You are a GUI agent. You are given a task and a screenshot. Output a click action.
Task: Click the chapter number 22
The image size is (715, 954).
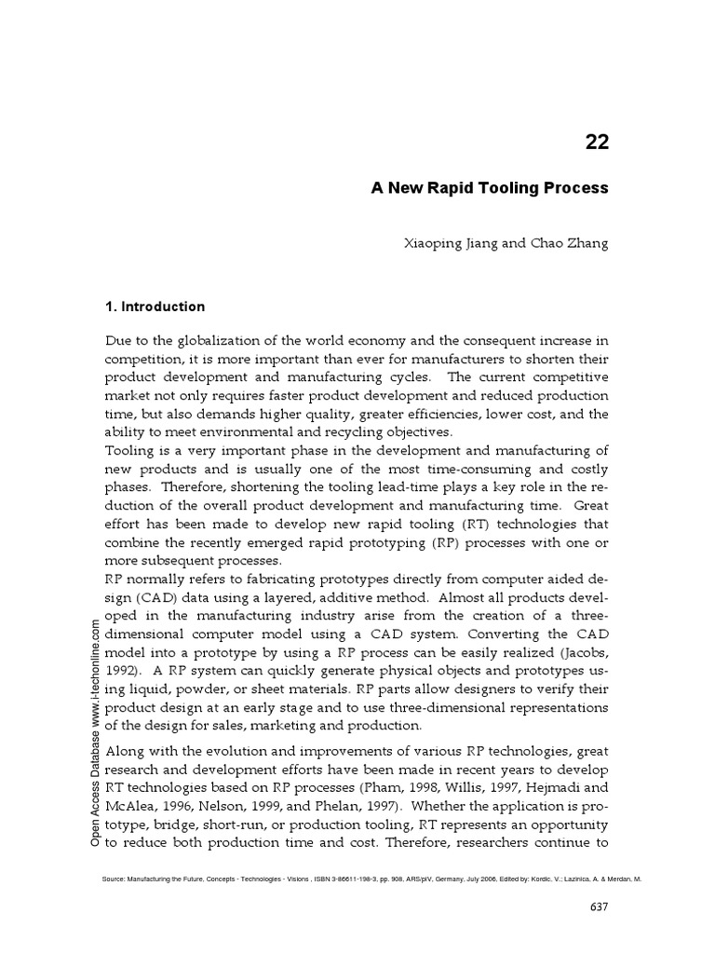(596, 142)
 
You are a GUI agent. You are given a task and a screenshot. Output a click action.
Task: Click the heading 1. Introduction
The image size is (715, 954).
(155, 307)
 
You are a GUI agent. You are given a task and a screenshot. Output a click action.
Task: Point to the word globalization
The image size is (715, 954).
(205, 340)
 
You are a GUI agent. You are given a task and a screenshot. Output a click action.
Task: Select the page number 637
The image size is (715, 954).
(600, 908)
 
